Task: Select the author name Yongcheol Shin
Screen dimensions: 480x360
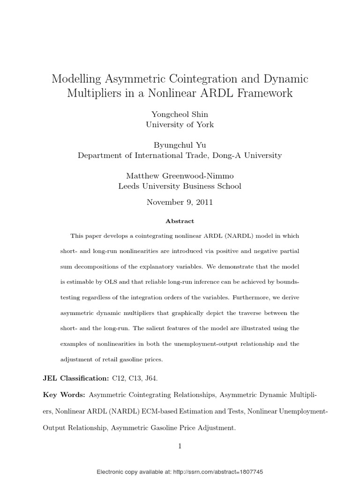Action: (180, 114)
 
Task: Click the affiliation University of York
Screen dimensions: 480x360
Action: (180, 125)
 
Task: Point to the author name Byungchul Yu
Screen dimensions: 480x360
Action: (180, 145)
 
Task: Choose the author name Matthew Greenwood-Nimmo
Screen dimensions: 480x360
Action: (180, 176)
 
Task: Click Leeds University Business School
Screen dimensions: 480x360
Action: (180, 186)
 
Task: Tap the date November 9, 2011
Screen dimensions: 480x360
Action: (180, 202)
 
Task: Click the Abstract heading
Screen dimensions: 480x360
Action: (180, 221)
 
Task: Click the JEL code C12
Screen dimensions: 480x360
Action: (118, 377)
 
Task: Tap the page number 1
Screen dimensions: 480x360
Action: (180, 446)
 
